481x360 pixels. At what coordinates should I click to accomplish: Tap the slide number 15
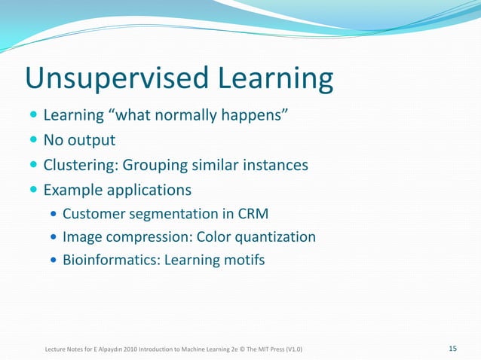452,348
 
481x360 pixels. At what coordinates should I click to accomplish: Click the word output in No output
91,141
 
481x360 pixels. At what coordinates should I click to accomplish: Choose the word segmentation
167,212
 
